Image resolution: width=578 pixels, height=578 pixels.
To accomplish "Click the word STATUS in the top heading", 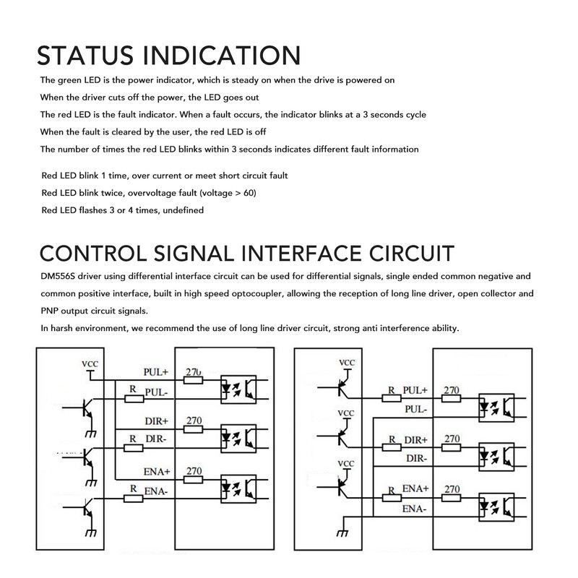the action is click(85, 56).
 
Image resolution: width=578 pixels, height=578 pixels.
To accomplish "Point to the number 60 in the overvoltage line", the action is click(249, 193).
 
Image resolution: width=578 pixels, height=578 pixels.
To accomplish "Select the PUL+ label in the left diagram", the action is click(155, 372).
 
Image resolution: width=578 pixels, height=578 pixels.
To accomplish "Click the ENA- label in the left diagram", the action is click(156, 491).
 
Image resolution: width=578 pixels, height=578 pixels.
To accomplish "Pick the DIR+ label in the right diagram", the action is click(416, 440).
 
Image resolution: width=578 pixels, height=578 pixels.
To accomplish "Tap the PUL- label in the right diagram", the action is click(416, 409).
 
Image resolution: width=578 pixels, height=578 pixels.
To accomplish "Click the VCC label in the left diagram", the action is click(90, 364).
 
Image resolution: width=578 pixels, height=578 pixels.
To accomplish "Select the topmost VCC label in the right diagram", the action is click(347, 363).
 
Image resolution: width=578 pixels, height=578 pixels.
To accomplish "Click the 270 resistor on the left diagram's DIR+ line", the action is click(193, 429).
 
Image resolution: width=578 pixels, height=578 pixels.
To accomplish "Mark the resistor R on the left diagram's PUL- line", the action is click(134, 399).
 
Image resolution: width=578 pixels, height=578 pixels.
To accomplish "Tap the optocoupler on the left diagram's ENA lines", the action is click(238, 489).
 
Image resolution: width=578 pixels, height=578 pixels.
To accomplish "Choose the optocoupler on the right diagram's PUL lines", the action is click(496, 407).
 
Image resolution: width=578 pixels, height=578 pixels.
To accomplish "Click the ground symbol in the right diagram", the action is click(342, 533).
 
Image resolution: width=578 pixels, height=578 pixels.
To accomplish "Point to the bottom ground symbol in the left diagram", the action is click(91, 533).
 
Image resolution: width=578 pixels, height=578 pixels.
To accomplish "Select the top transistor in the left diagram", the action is click(87, 408).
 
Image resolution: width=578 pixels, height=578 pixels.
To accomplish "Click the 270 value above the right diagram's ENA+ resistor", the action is click(452, 489).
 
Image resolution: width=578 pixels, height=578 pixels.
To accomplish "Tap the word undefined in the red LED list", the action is click(184, 210).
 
